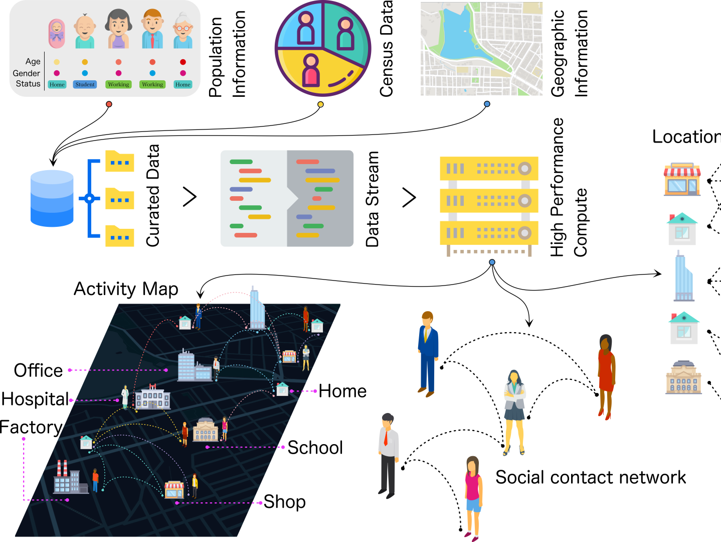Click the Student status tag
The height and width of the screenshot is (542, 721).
point(85,84)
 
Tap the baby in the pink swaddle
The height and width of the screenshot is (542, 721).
point(57,33)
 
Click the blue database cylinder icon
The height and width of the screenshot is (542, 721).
point(52,198)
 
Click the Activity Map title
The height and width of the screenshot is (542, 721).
point(126,289)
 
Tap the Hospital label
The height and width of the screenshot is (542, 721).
point(35,399)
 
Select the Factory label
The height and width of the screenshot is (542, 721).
point(31,427)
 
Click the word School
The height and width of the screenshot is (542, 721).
point(315,448)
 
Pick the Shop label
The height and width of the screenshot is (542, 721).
point(284,501)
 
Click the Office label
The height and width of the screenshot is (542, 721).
point(38,370)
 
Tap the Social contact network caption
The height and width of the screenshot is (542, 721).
point(590,477)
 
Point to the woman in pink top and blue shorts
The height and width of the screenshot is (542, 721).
point(472,496)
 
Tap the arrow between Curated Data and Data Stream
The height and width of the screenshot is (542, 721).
point(190,197)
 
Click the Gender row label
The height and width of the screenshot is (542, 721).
point(27,73)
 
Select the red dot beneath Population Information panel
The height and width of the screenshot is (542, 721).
point(109,104)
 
